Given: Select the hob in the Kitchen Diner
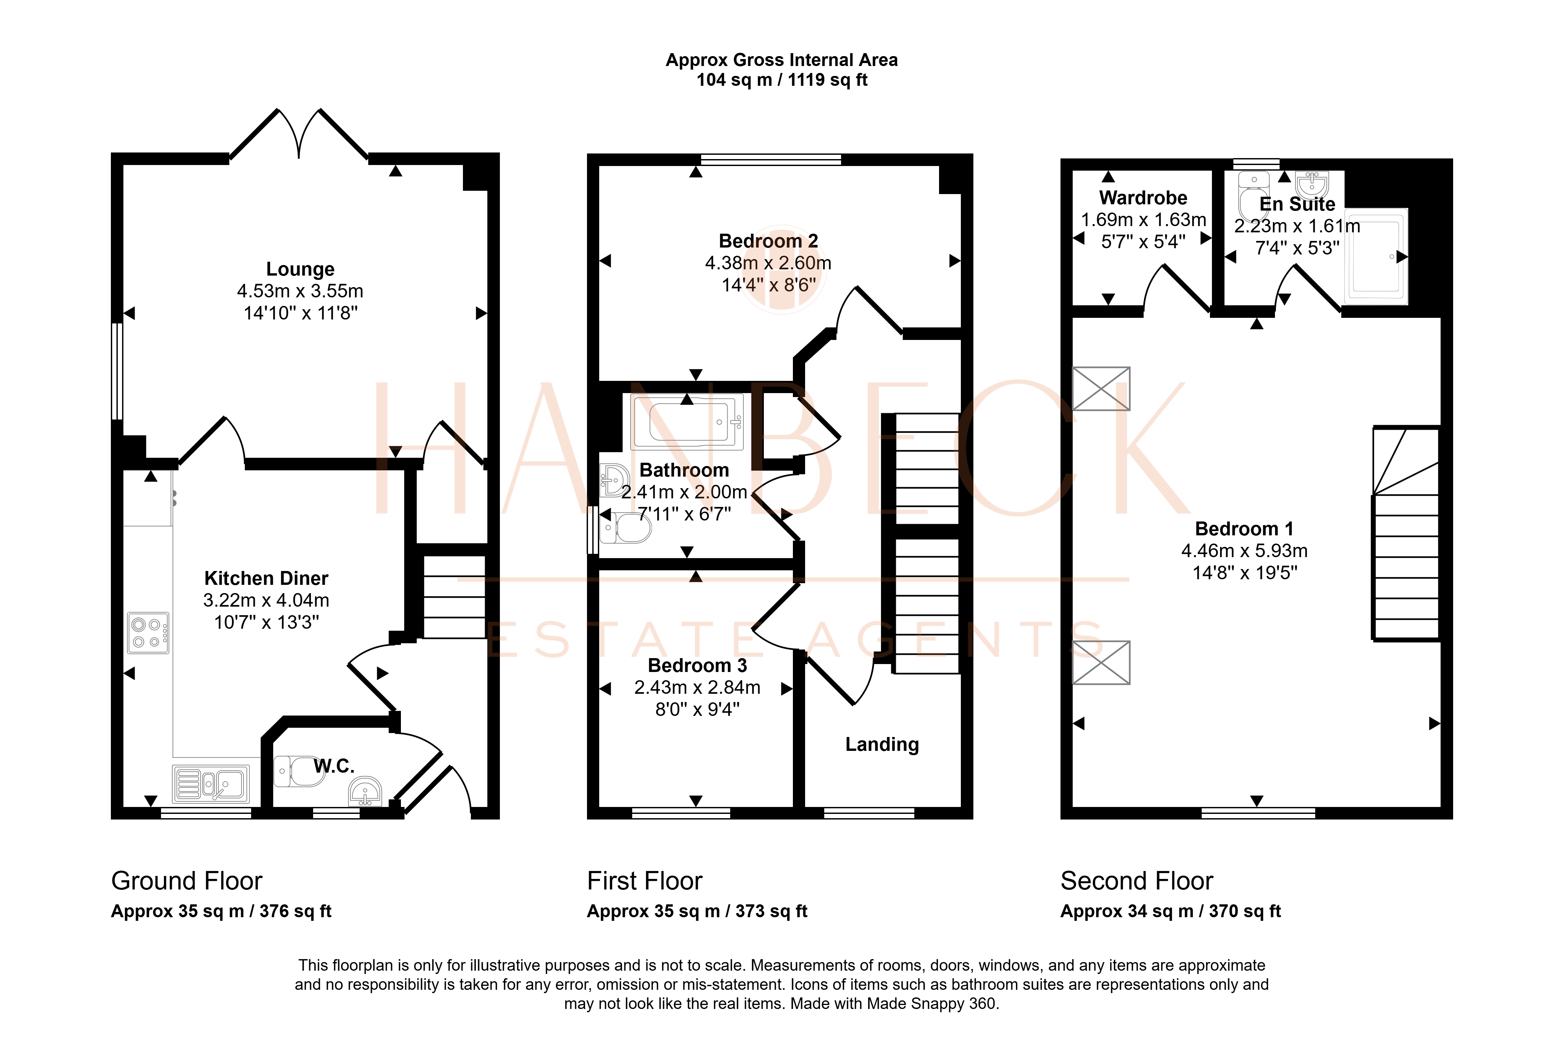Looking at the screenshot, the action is [148, 633].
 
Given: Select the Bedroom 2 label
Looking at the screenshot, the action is [768, 241].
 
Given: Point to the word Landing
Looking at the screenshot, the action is [882, 745].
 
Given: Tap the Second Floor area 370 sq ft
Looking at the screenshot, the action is [1244, 912].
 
